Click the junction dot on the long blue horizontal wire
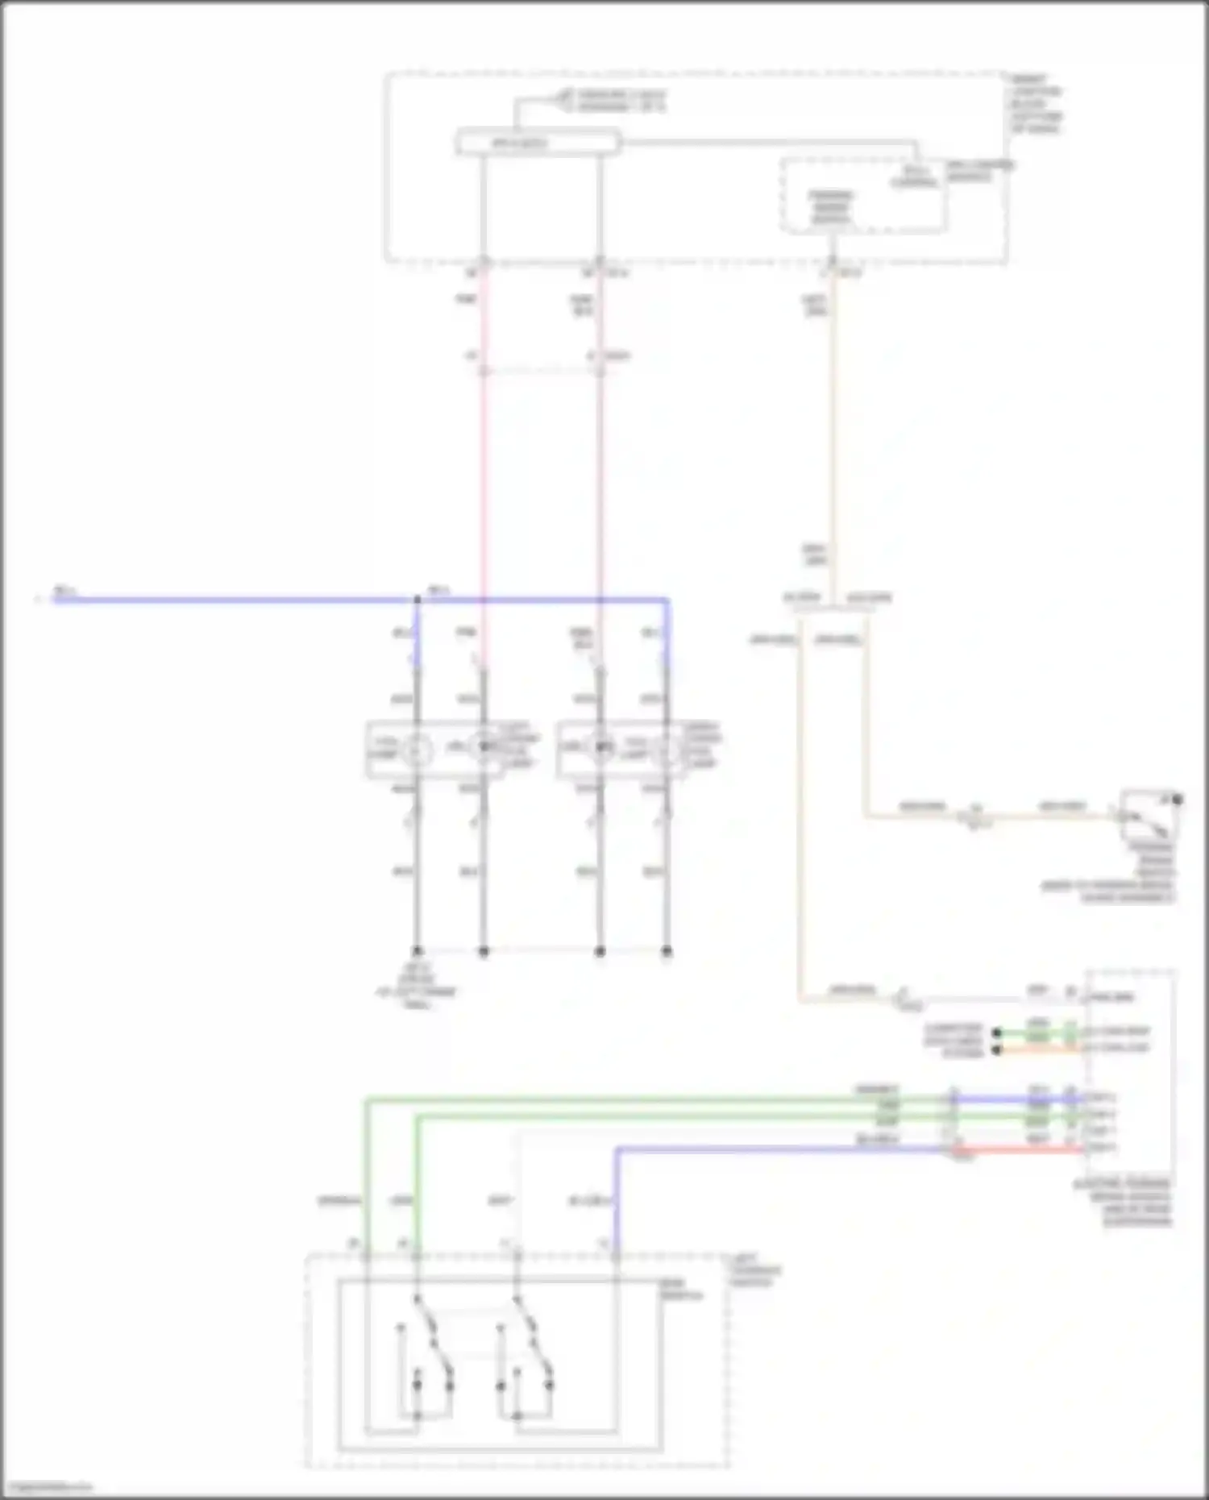pyautogui.click(x=417, y=600)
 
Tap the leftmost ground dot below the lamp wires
pyautogui.click(x=417, y=951)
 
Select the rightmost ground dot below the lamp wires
pyautogui.click(x=667, y=951)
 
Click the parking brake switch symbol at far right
pyautogui.click(x=1149, y=816)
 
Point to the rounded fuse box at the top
pyautogui.click(x=538, y=143)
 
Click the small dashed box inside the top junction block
pyautogui.click(x=862, y=196)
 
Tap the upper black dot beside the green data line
pyautogui.click(x=997, y=1033)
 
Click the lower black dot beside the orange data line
pyautogui.click(x=997, y=1050)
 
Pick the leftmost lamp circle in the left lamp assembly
pyautogui.click(x=417, y=750)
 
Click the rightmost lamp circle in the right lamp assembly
pyautogui.click(x=667, y=750)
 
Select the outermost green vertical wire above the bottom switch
pyautogui.click(x=366, y=1177)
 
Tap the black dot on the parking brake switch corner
pyautogui.click(x=1177, y=800)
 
